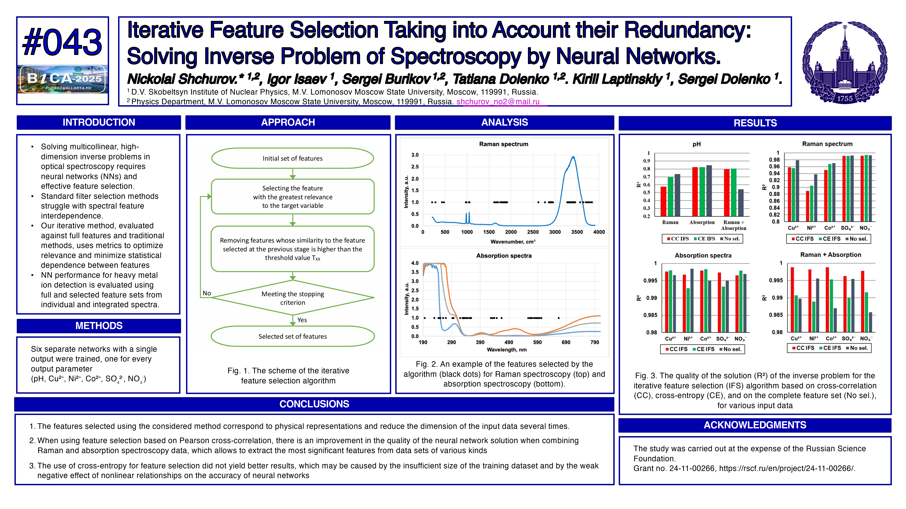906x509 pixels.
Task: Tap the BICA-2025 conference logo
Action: tap(63, 79)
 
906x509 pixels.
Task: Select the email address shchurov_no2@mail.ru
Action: tap(498, 102)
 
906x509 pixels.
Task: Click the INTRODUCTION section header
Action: tap(99, 122)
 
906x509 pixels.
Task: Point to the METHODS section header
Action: tap(99, 326)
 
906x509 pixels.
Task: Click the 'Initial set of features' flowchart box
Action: tap(292, 158)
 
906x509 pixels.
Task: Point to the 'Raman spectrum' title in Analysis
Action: tap(503, 144)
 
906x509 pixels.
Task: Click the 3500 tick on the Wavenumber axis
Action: tap(577, 232)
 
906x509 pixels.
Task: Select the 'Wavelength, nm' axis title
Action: tap(506, 350)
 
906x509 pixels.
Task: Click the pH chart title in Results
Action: tap(696, 144)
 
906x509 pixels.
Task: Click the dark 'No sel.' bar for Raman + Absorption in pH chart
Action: tap(741, 203)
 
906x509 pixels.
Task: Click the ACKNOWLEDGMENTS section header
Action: tap(755, 425)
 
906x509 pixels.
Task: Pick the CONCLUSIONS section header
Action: tap(314, 404)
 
